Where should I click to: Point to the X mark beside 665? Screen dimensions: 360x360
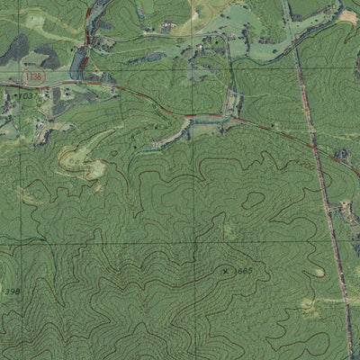225,270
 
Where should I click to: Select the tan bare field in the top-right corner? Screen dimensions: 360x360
347,15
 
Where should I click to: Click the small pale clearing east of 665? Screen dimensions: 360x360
318,271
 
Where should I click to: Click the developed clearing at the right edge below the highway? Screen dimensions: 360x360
347,211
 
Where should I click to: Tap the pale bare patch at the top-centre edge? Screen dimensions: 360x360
198,11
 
